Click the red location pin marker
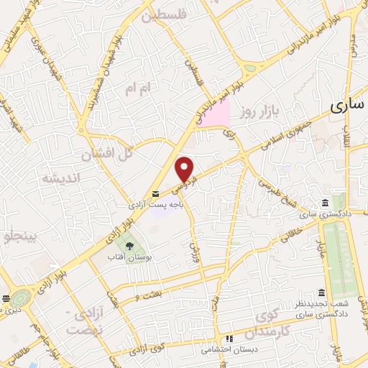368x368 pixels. coord(185,169)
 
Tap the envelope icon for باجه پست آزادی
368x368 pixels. coord(156,195)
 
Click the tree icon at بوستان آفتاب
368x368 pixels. coord(129,247)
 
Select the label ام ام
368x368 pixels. coord(139,88)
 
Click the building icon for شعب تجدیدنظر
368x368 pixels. coord(321,293)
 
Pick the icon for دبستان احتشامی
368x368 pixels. coord(229,339)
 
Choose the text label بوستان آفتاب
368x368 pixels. coord(129,257)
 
